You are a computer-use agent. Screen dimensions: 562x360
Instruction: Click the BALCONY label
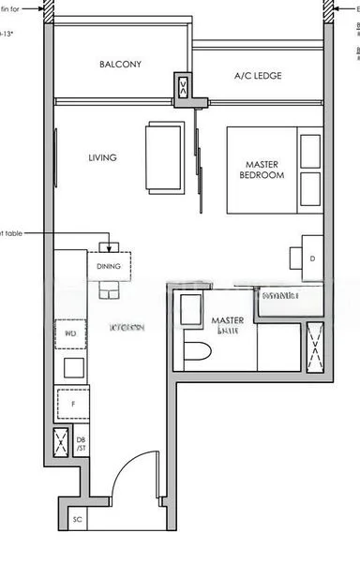(x=120, y=65)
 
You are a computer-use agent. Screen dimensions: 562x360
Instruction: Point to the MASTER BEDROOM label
(x=262, y=170)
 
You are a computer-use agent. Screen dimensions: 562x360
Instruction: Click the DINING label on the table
(x=110, y=266)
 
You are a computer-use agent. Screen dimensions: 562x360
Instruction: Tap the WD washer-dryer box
(x=70, y=333)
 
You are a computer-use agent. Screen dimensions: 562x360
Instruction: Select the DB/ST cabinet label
(x=81, y=444)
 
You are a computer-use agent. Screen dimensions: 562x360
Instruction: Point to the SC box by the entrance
(x=79, y=519)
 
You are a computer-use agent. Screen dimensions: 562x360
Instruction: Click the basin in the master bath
(x=190, y=308)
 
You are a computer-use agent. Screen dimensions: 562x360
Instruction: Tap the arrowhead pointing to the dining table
(x=110, y=248)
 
